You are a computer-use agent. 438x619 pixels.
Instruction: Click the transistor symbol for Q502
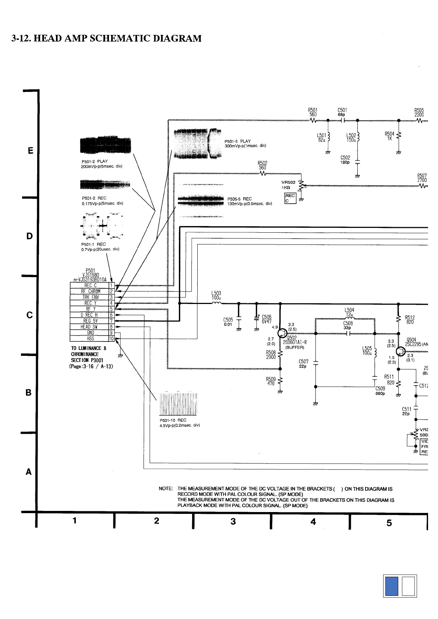tap(283, 333)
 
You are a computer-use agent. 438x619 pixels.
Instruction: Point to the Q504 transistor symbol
tap(401, 351)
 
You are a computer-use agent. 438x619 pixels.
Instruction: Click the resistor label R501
tap(312, 110)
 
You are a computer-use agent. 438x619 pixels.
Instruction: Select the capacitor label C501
tap(342, 110)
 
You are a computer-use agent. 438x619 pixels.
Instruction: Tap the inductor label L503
tap(216, 293)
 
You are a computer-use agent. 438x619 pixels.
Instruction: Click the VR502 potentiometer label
tap(289, 182)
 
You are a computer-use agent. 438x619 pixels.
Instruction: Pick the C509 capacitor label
tap(380, 388)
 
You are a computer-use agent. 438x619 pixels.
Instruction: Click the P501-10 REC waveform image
tap(178, 403)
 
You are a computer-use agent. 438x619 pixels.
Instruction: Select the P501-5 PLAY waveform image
tap(197, 144)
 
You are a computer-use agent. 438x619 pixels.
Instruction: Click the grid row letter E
tap(30, 151)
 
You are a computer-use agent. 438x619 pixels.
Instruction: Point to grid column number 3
tap(233, 521)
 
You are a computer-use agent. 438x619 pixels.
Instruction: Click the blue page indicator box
tap(391, 596)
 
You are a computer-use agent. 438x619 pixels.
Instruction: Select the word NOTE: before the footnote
tap(166, 489)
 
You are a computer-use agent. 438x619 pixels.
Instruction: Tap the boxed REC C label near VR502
tap(290, 198)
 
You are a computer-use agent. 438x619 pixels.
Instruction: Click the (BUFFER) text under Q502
tap(295, 347)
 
